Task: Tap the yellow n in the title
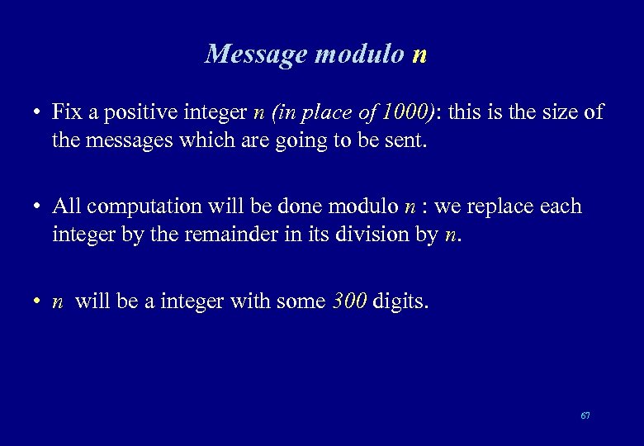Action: pos(419,55)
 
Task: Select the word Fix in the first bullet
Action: pos(66,111)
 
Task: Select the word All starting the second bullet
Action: pos(66,206)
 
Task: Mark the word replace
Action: pos(490,206)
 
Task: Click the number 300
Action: pos(349,301)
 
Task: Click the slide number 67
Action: pos(585,415)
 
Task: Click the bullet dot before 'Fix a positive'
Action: pos(38,112)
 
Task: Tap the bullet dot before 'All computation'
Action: pos(38,207)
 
